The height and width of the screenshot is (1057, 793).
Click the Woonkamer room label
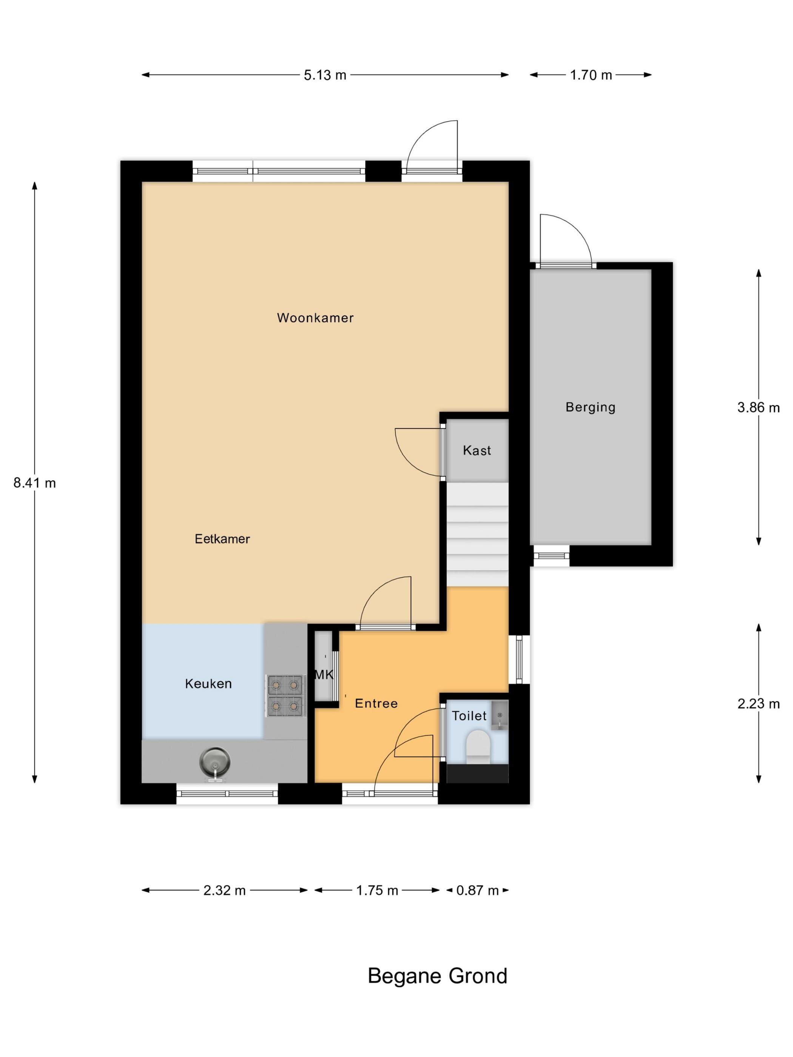(315, 318)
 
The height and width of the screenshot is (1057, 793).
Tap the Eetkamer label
(222, 539)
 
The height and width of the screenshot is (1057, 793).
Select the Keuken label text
(208, 684)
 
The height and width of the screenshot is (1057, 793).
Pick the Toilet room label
(469, 716)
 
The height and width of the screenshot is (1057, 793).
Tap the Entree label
(376, 703)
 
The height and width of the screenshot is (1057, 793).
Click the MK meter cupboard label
(324, 675)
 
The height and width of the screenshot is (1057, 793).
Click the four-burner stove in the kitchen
(285, 696)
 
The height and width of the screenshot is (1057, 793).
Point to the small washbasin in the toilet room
(500, 715)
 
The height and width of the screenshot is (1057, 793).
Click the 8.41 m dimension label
(34, 483)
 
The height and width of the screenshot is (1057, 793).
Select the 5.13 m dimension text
(325, 75)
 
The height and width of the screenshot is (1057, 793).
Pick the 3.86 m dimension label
(759, 408)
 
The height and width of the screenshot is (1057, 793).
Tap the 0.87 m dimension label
(478, 890)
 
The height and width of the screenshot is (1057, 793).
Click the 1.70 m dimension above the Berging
(591, 75)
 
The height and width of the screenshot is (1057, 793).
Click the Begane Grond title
(437, 976)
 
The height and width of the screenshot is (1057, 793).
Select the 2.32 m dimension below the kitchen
(225, 890)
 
